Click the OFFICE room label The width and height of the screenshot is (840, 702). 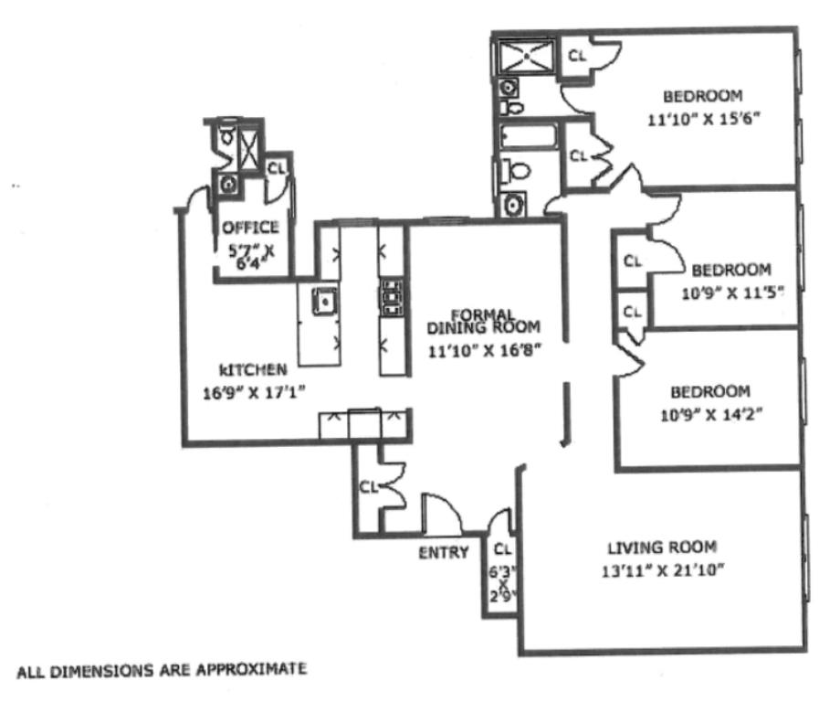[250, 228]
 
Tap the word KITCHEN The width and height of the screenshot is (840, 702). [253, 369]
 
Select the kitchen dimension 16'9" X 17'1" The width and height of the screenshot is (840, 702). [254, 393]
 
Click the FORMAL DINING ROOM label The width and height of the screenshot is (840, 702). [483, 321]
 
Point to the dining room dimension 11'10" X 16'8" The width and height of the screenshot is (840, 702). [484, 351]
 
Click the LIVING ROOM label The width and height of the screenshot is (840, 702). [662, 548]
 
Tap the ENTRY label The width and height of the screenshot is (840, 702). [444, 552]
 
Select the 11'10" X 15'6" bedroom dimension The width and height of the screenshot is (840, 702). [704, 119]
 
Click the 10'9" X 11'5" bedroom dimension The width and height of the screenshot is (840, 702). [732, 293]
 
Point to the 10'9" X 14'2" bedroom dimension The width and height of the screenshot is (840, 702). [711, 415]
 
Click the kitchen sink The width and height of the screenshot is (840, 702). [325, 302]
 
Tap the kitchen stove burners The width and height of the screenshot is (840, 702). [391, 296]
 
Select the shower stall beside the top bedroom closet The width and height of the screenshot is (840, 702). [527, 56]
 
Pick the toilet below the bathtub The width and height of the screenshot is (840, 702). [515, 172]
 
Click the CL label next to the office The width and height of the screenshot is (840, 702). [277, 168]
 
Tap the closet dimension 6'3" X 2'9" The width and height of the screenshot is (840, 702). [503, 583]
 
